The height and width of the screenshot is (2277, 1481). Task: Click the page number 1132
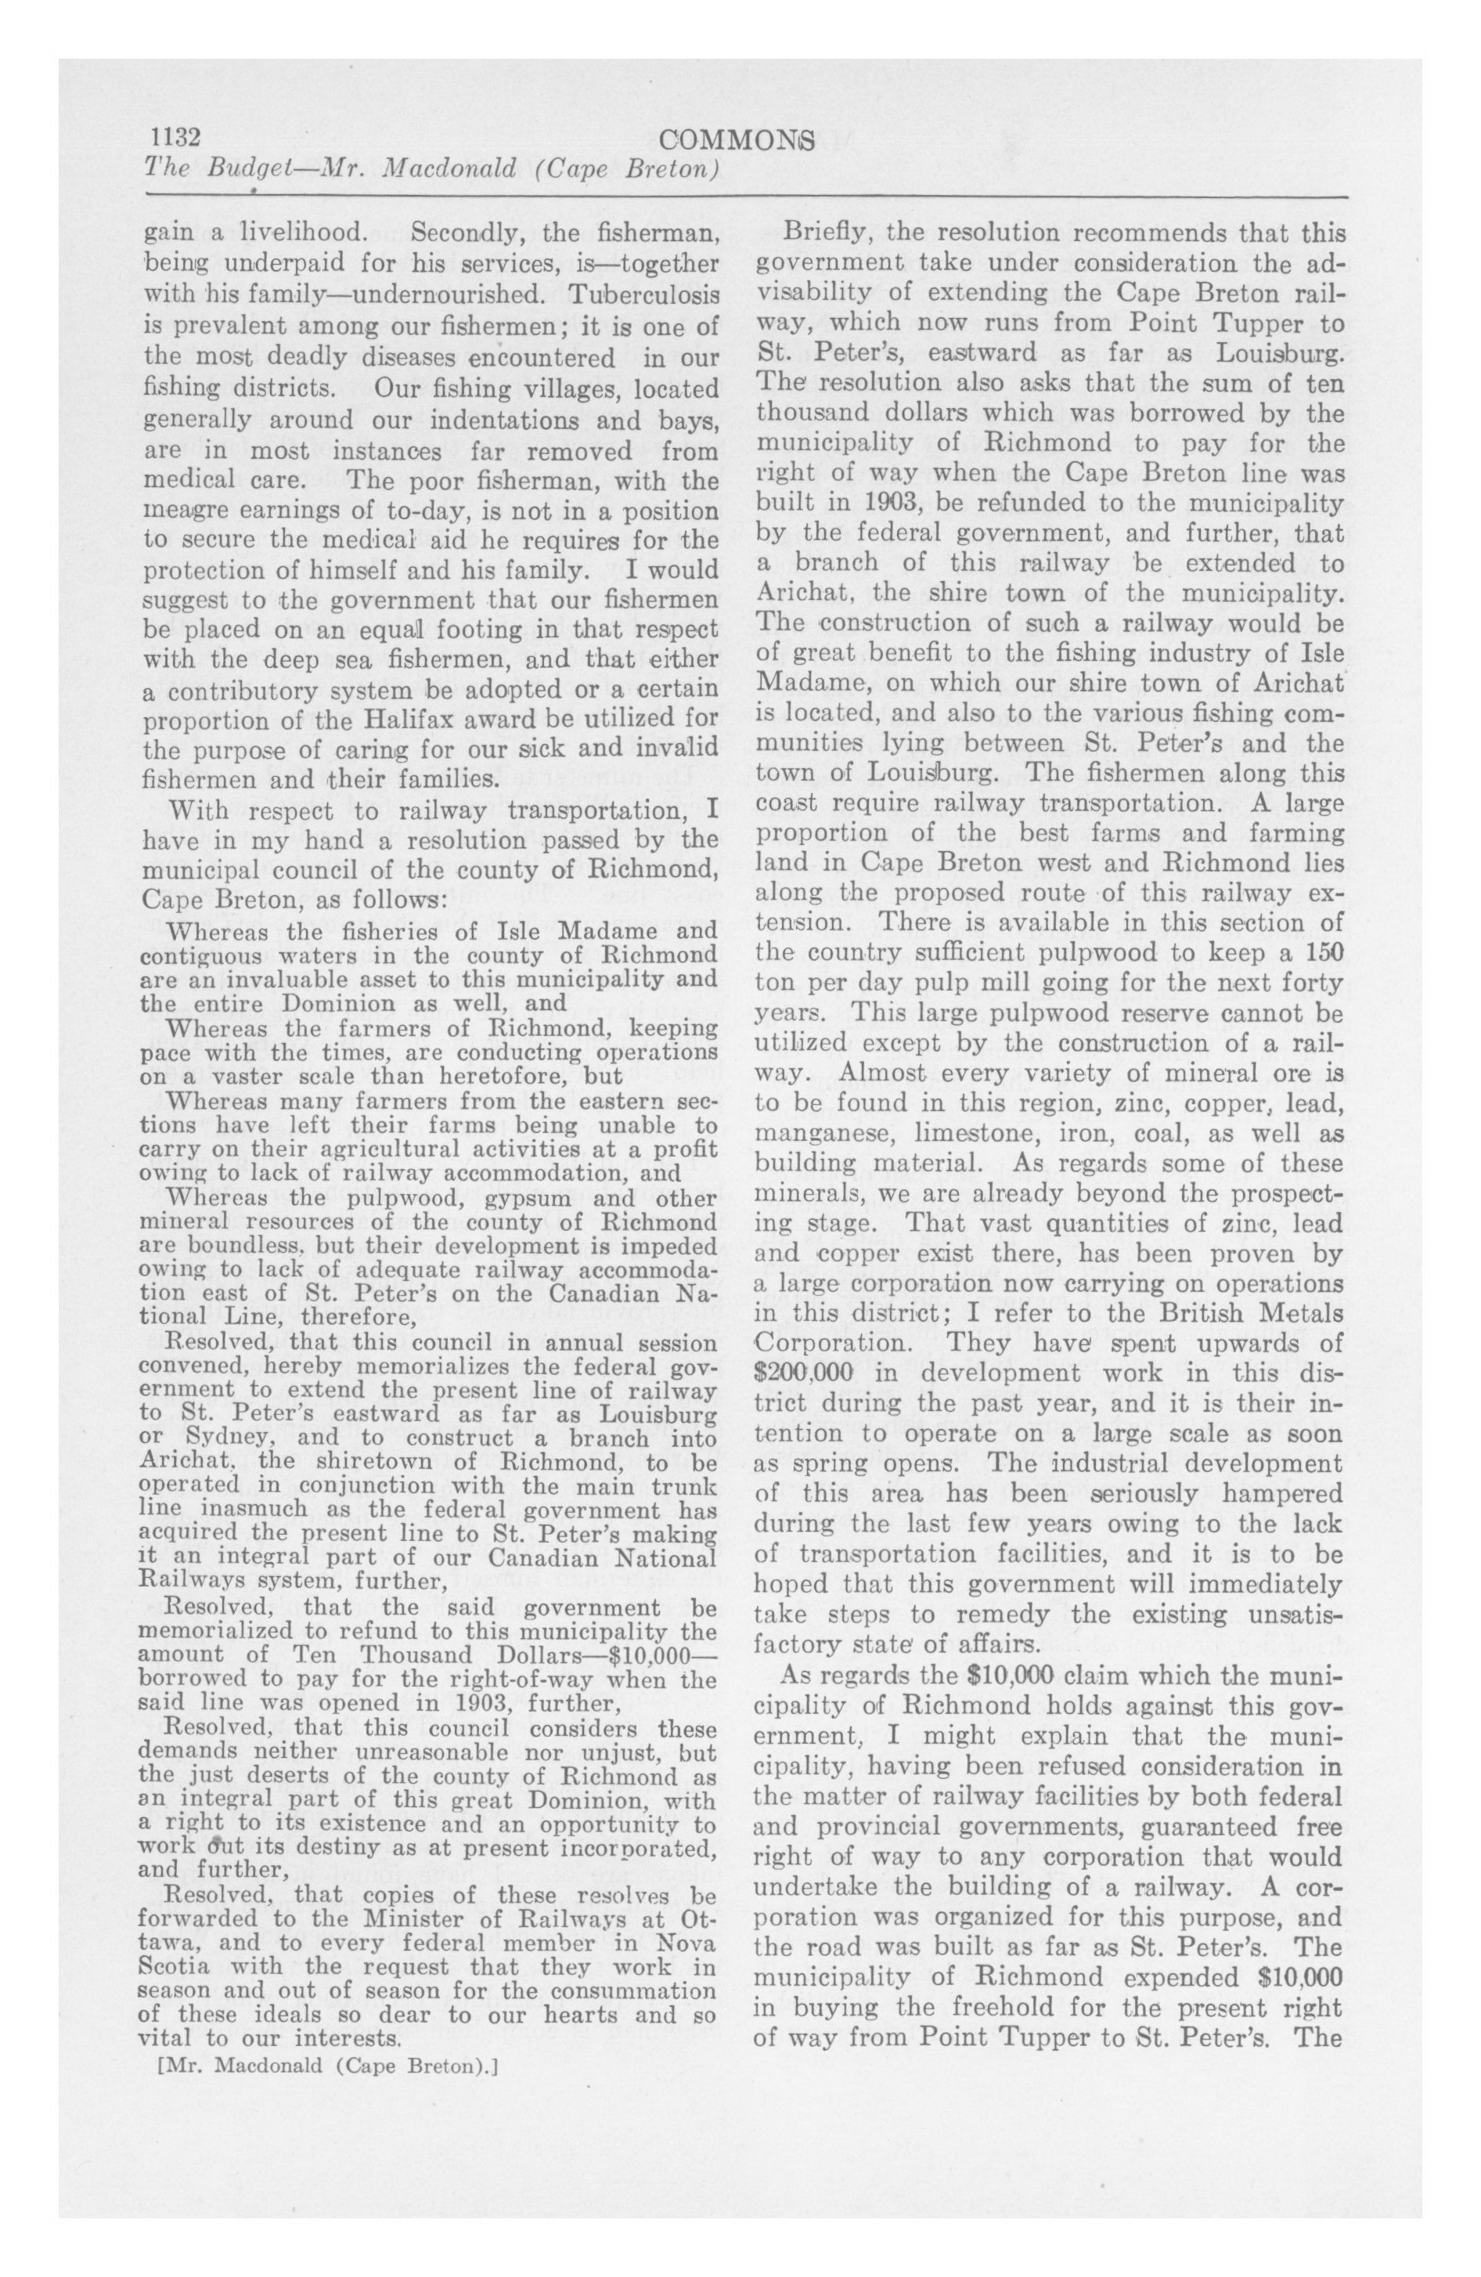pos(171,137)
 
